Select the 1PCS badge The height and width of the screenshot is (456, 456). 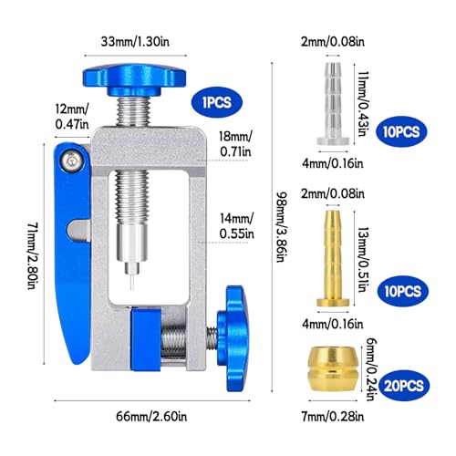tap(216, 101)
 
